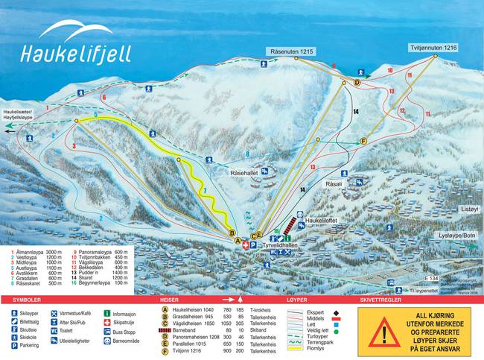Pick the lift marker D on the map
357,83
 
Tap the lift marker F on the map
364,141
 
